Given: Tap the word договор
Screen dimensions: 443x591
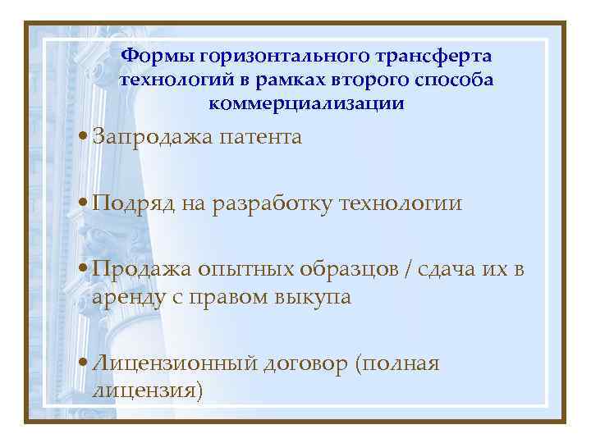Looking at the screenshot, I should [302, 363].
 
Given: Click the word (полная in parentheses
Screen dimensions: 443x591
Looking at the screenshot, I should [398, 363].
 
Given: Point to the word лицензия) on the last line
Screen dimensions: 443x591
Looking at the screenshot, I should [148, 390].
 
